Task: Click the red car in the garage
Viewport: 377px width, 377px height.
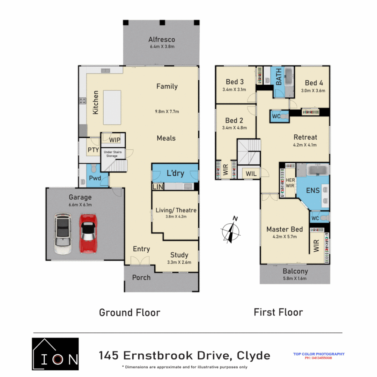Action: (x=87, y=233)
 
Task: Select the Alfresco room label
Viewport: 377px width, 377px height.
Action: (x=161, y=39)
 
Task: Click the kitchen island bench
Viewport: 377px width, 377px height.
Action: (x=112, y=107)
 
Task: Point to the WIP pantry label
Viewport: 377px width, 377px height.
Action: (x=114, y=140)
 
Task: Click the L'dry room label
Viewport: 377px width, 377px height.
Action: (x=175, y=173)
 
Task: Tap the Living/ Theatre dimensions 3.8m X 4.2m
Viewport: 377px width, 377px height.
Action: (x=176, y=216)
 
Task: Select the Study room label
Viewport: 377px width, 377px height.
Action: (x=179, y=255)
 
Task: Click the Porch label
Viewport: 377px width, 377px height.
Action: (x=141, y=278)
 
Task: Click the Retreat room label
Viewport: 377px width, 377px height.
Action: (x=305, y=137)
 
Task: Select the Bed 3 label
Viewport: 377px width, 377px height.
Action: (x=235, y=82)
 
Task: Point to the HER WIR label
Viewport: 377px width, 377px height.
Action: (x=290, y=183)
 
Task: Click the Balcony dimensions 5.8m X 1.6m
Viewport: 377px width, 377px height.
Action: (x=295, y=279)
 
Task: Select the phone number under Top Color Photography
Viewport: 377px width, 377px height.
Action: (x=318, y=358)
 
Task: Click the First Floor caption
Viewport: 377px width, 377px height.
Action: (x=278, y=312)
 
